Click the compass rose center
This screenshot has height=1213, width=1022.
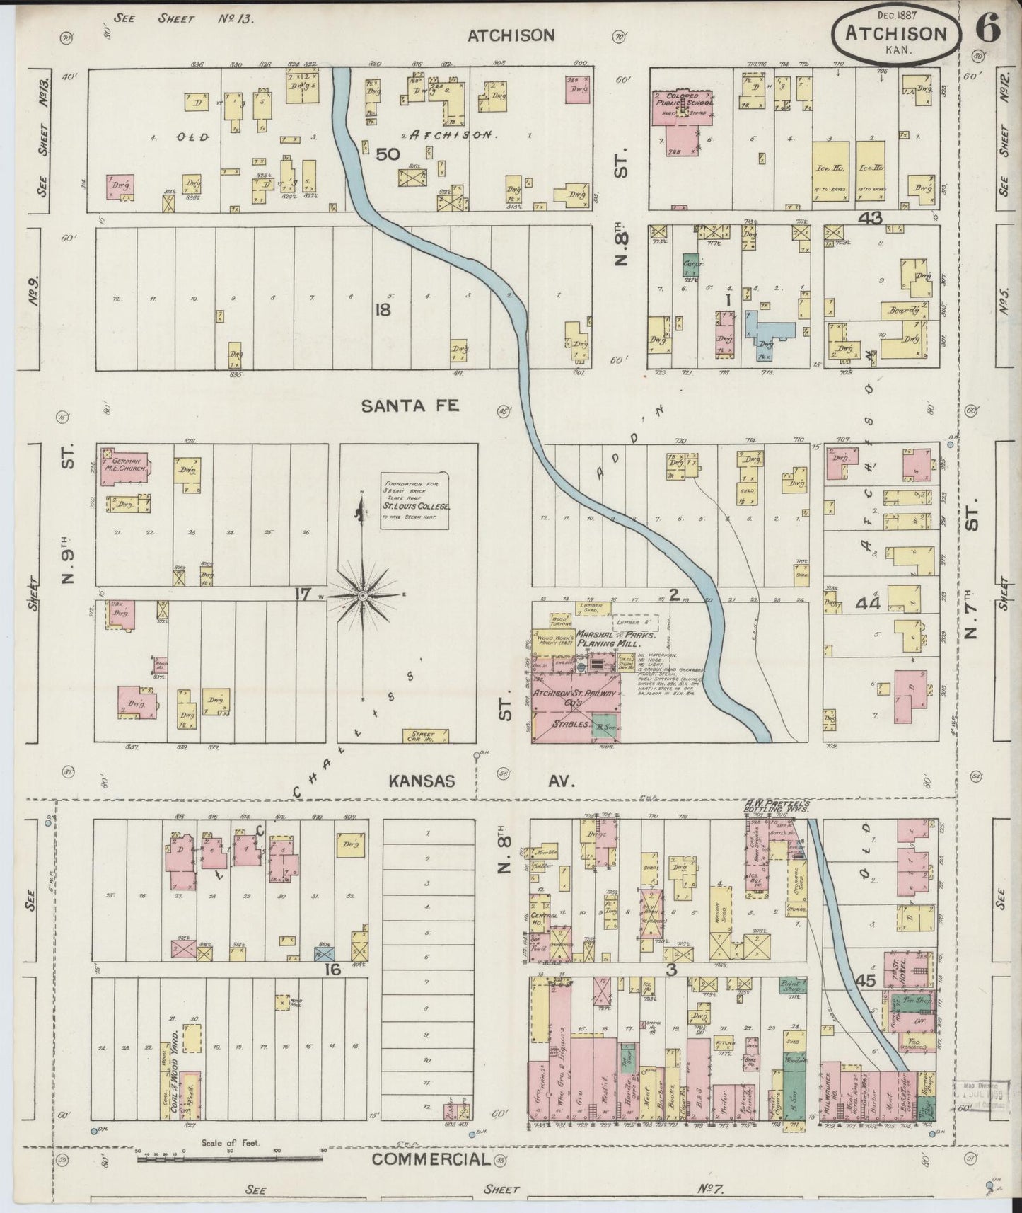pyautogui.click(x=362, y=596)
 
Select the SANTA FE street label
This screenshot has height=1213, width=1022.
pyautogui.click(x=410, y=406)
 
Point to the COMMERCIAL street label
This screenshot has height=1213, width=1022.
pyautogui.click(x=431, y=1158)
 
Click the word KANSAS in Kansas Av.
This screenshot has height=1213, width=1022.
pyautogui.click(x=421, y=781)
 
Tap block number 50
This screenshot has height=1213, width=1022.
pyautogui.click(x=388, y=154)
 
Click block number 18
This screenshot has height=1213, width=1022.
pyautogui.click(x=383, y=309)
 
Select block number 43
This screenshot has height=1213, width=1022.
pyautogui.click(x=869, y=219)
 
